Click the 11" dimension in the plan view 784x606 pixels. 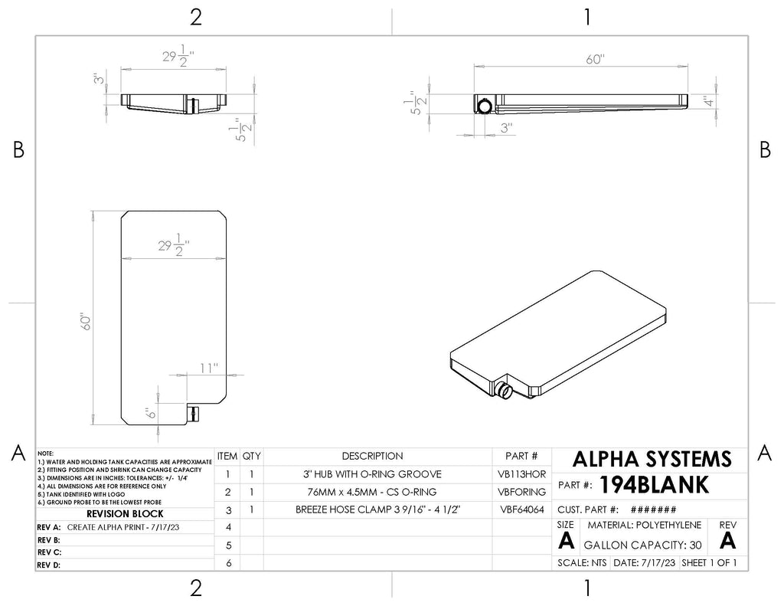pyautogui.click(x=209, y=369)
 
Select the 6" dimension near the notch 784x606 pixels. pyautogui.click(x=151, y=413)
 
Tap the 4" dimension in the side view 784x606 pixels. pyautogui.click(x=708, y=102)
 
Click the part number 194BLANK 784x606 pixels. pyautogui.click(x=654, y=484)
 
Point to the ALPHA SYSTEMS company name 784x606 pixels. pyautogui.click(x=652, y=459)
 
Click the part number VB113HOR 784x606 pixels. pyautogui.click(x=521, y=474)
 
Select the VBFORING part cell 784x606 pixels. pyautogui.click(x=521, y=492)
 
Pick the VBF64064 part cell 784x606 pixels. pyautogui.click(x=522, y=509)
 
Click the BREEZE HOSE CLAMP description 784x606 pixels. pyautogui.click(x=377, y=509)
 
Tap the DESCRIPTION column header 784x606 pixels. pyautogui.click(x=373, y=456)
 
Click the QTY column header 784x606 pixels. pyautogui.click(x=251, y=456)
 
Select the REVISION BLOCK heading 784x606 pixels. pyautogui.click(x=125, y=513)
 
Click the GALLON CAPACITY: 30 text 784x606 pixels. pyautogui.click(x=642, y=545)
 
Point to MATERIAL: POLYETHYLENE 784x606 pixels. pyautogui.click(x=645, y=525)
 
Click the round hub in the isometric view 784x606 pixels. pyautogui.click(x=503, y=389)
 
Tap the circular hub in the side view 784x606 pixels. pyautogui.click(x=484, y=106)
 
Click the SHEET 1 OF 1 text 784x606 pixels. pyautogui.click(x=709, y=562)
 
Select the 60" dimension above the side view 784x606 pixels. pyautogui.click(x=595, y=59)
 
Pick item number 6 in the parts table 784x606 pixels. pyautogui.click(x=228, y=563)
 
